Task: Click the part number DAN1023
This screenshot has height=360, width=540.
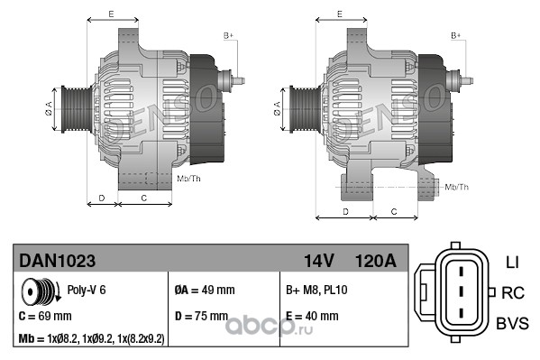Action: pyautogui.click(x=57, y=261)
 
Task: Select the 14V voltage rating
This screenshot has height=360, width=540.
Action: pyautogui.click(x=318, y=261)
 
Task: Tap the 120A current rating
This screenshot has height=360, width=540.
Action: pyautogui.click(x=375, y=261)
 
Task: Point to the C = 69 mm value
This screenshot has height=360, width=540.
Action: pyautogui.click(x=45, y=316)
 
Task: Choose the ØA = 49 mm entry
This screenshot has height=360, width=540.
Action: pyautogui.click(x=205, y=290)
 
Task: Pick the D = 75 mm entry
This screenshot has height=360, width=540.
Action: pyautogui.click(x=201, y=316)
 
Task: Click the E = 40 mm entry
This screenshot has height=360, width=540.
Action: pyautogui.click(x=312, y=316)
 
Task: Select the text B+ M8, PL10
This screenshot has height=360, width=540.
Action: pyautogui.click(x=316, y=290)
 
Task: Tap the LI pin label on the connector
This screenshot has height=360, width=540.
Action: pyautogui.click(x=512, y=263)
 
